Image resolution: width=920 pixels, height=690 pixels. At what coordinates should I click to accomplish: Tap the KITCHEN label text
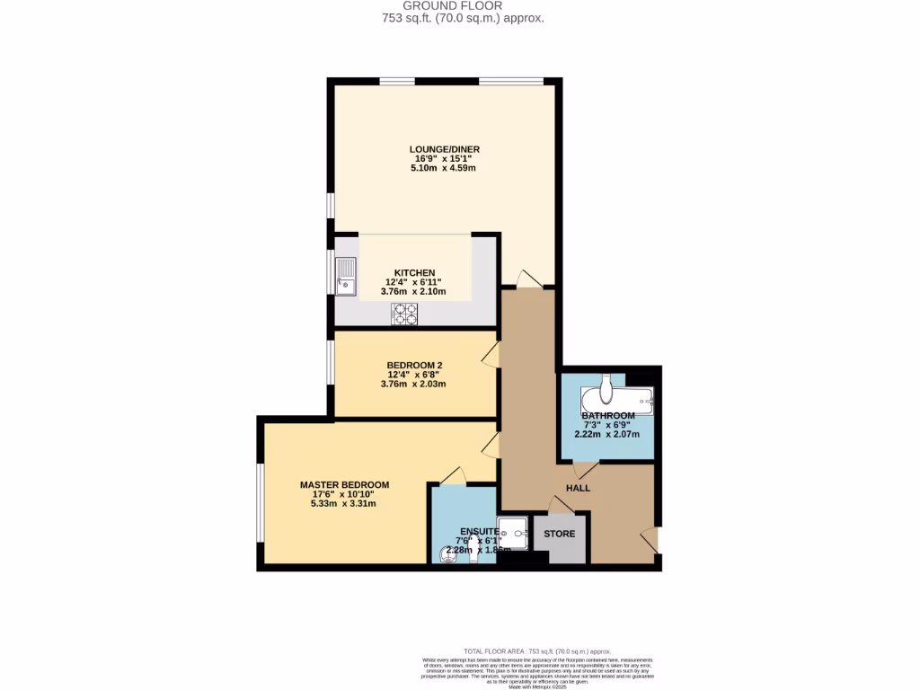415,272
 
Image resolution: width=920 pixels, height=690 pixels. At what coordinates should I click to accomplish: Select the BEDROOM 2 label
414,365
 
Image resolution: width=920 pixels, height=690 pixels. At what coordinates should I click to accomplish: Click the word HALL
578,488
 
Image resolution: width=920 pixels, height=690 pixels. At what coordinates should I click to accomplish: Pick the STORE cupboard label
559,534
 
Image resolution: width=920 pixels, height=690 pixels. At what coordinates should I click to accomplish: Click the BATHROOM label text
607,415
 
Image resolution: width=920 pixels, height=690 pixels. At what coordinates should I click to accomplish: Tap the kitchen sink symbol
346,276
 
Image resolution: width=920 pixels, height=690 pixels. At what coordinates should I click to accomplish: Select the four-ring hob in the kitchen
404,313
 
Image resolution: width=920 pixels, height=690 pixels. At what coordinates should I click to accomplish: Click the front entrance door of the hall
650,539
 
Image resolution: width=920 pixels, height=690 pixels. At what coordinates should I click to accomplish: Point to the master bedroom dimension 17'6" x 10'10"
338,494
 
